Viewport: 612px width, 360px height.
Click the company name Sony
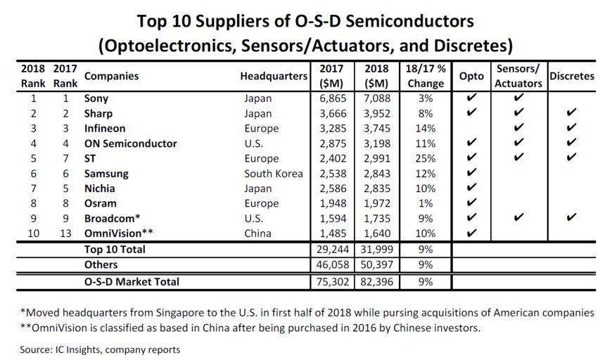pyautogui.click(x=96, y=98)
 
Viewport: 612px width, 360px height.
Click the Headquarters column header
pyautogui.click(x=274, y=76)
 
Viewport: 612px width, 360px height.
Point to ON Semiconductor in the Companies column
pyautogui.click(x=130, y=143)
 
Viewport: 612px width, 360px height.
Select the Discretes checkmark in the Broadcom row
pyautogui.click(x=572, y=218)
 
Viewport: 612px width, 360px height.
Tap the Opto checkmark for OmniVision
pyautogui.click(x=471, y=233)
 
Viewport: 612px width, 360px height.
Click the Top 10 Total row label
pyautogui.click(x=115, y=250)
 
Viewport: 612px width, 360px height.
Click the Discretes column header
pyautogui.click(x=572, y=76)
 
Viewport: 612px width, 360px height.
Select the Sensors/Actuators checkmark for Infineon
pyautogui.click(x=518, y=129)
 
